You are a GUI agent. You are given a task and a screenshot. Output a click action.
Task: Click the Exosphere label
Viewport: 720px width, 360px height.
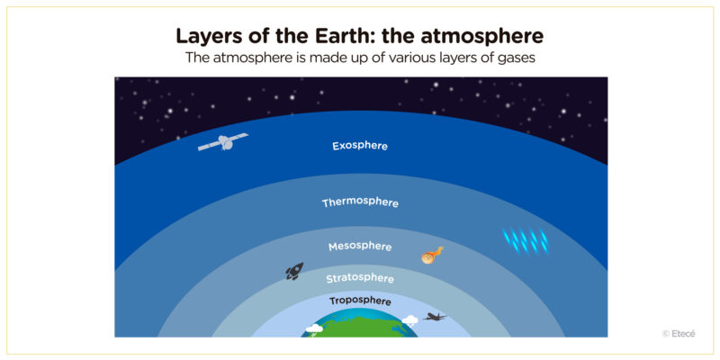tap(360, 145)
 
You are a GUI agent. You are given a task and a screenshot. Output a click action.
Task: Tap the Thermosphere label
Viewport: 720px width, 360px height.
tap(360, 202)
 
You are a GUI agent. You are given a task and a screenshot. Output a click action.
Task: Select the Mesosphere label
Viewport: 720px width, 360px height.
tap(360, 246)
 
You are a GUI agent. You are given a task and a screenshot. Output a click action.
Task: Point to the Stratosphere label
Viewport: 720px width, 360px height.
tap(360, 278)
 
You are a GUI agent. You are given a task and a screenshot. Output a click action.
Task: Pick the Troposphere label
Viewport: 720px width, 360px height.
tap(360, 301)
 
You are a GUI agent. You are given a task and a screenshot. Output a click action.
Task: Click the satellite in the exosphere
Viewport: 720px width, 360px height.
tap(223, 142)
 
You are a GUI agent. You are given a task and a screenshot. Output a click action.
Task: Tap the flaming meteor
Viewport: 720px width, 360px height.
tap(432, 256)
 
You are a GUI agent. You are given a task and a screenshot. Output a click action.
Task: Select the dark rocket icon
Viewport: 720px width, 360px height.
tap(294, 270)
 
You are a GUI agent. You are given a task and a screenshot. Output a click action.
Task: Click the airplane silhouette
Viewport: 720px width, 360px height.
tap(436, 317)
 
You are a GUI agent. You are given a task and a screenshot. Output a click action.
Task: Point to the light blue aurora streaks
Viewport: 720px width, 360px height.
tap(526, 240)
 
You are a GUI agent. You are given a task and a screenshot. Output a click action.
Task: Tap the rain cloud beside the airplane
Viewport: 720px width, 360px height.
tap(409, 320)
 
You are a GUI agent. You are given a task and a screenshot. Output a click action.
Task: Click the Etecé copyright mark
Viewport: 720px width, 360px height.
tap(679, 333)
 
